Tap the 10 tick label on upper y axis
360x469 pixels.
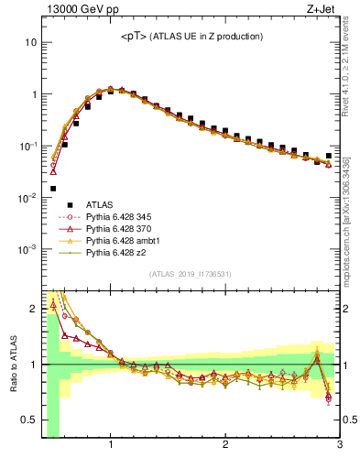coord(30,42)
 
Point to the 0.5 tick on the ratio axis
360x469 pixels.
coord(28,421)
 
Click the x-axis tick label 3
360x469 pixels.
coord(339,446)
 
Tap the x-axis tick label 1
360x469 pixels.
coord(111,446)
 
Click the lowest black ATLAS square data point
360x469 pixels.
coord(53,189)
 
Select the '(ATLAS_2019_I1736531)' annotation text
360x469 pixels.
coord(191,274)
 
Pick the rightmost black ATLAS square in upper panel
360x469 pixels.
coord(329,156)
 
